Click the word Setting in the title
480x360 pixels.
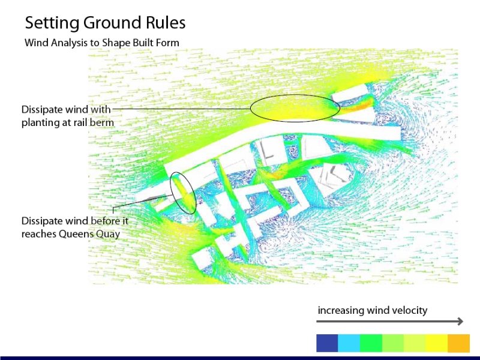pyautogui.click(x=52, y=23)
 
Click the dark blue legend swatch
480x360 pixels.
pyautogui.click(x=327, y=343)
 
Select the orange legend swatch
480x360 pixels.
pyautogui.click(x=458, y=343)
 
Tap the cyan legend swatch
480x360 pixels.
pyautogui.click(x=349, y=343)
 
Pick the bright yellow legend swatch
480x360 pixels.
pyautogui.click(x=437, y=343)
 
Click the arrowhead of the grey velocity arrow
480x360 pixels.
pyautogui.click(x=460, y=321)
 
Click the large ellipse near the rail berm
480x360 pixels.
pyautogui.click(x=295, y=95)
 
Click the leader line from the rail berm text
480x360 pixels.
pyautogui.click(x=181, y=109)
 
